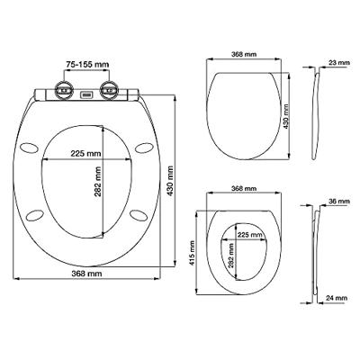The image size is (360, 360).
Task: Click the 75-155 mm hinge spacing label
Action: click(x=87, y=64)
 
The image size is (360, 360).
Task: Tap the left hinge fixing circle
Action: click(x=63, y=89)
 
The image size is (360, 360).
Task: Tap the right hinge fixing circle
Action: click(x=109, y=89)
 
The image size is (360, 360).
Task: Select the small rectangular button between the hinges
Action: click(x=86, y=95)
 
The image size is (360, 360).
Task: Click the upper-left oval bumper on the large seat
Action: click(x=29, y=148)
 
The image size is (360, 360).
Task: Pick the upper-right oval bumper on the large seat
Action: click(x=144, y=148)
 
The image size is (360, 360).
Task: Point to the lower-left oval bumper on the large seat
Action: click(x=35, y=215)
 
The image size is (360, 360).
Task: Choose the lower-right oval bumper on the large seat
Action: click(x=139, y=215)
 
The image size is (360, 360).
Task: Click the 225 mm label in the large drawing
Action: click(x=85, y=154)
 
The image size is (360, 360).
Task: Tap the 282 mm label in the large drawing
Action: click(x=98, y=182)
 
